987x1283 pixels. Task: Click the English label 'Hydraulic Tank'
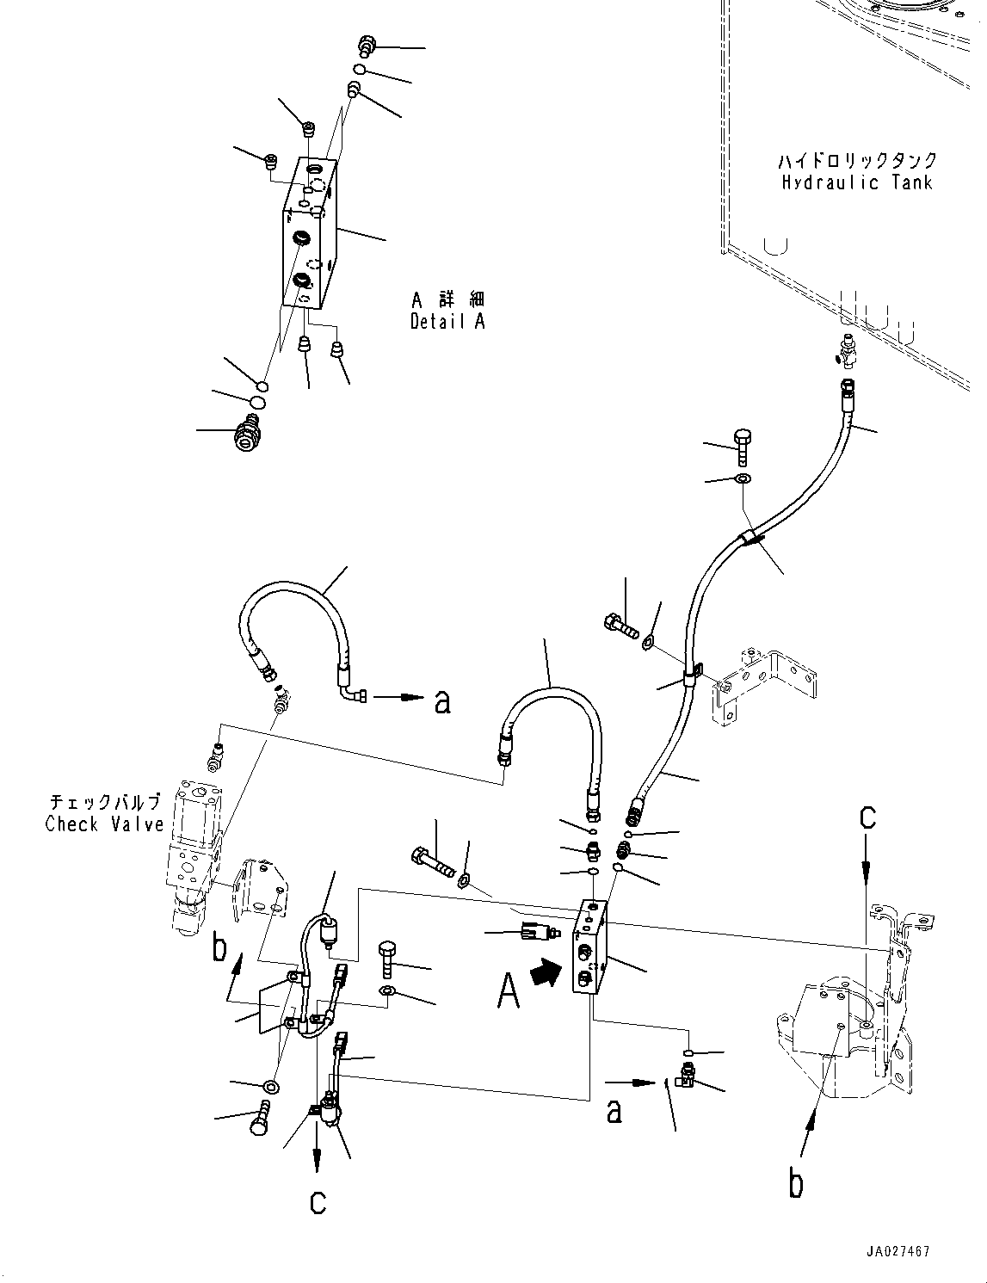click(x=856, y=182)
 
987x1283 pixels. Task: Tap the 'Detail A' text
click(x=447, y=322)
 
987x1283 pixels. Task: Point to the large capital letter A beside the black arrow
click(x=509, y=991)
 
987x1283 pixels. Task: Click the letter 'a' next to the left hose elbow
click(x=442, y=702)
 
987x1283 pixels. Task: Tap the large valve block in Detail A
click(x=309, y=233)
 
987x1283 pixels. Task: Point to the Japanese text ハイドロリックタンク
click(x=857, y=159)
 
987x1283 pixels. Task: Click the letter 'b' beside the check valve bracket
click(x=219, y=949)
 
